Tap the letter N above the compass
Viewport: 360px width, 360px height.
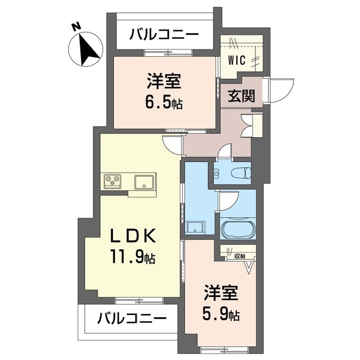(77, 26)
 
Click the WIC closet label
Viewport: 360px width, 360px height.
(237, 60)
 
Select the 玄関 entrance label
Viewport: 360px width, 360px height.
(241, 96)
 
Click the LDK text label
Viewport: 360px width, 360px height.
(133, 236)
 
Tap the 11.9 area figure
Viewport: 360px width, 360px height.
(127, 257)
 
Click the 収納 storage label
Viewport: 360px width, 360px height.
(240, 256)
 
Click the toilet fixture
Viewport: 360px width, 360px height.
(242, 173)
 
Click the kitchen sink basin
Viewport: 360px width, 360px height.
(144, 182)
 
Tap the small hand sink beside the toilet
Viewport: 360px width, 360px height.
(216, 173)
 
